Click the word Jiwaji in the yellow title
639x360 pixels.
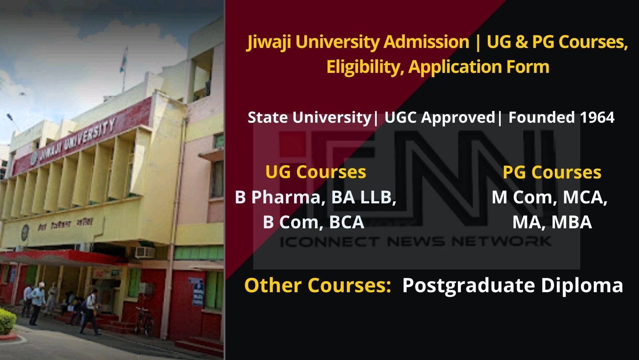pos(269,42)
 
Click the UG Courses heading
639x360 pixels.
pos(316,172)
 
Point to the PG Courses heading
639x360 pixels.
pos(552,173)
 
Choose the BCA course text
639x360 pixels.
pos(346,222)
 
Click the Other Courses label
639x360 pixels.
pos(318,285)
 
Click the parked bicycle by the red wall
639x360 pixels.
pos(145,321)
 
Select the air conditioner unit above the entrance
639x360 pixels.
pos(145,252)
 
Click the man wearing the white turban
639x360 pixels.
pos(38,300)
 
